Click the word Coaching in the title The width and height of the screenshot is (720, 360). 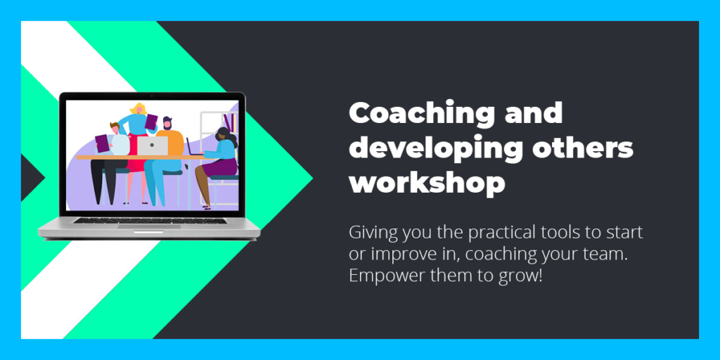[422, 113]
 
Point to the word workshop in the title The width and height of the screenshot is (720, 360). [427, 184]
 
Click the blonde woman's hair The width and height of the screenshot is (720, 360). [139, 109]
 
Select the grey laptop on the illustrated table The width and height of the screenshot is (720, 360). [153, 146]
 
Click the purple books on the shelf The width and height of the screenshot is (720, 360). [231, 122]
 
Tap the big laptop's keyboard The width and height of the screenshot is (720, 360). [150, 220]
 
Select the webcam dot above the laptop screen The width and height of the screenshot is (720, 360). [152, 96]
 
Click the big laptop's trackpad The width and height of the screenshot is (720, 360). [149, 226]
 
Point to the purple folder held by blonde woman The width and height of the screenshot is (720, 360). [151, 121]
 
